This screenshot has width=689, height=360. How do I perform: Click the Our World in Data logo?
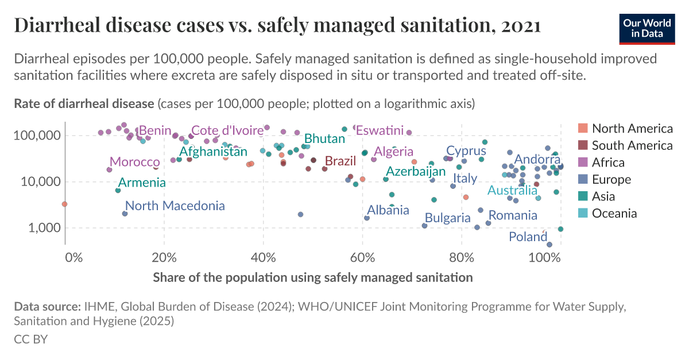coord(647,27)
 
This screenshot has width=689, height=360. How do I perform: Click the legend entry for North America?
coord(632,128)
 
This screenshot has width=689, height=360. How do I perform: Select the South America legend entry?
coord(632,145)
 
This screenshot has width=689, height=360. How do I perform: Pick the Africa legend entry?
coord(608,162)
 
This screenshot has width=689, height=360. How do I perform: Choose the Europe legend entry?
coord(611,179)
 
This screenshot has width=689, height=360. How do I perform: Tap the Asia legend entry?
coord(604,196)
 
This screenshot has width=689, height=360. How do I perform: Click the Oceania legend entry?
coord(614,214)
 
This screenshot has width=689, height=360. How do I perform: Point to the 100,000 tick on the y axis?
coord(36,136)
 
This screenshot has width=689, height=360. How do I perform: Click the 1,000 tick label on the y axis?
coord(41,228)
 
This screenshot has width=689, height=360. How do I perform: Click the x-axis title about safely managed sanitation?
coord(313,277)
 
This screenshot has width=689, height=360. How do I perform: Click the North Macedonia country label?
coord(175,206)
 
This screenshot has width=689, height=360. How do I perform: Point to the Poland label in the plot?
coord(528,237)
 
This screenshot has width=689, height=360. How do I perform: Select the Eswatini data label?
coord(380,130)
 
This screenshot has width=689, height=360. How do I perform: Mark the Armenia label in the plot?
coord(142,183)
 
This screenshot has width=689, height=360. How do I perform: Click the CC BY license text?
coord(30,339)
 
